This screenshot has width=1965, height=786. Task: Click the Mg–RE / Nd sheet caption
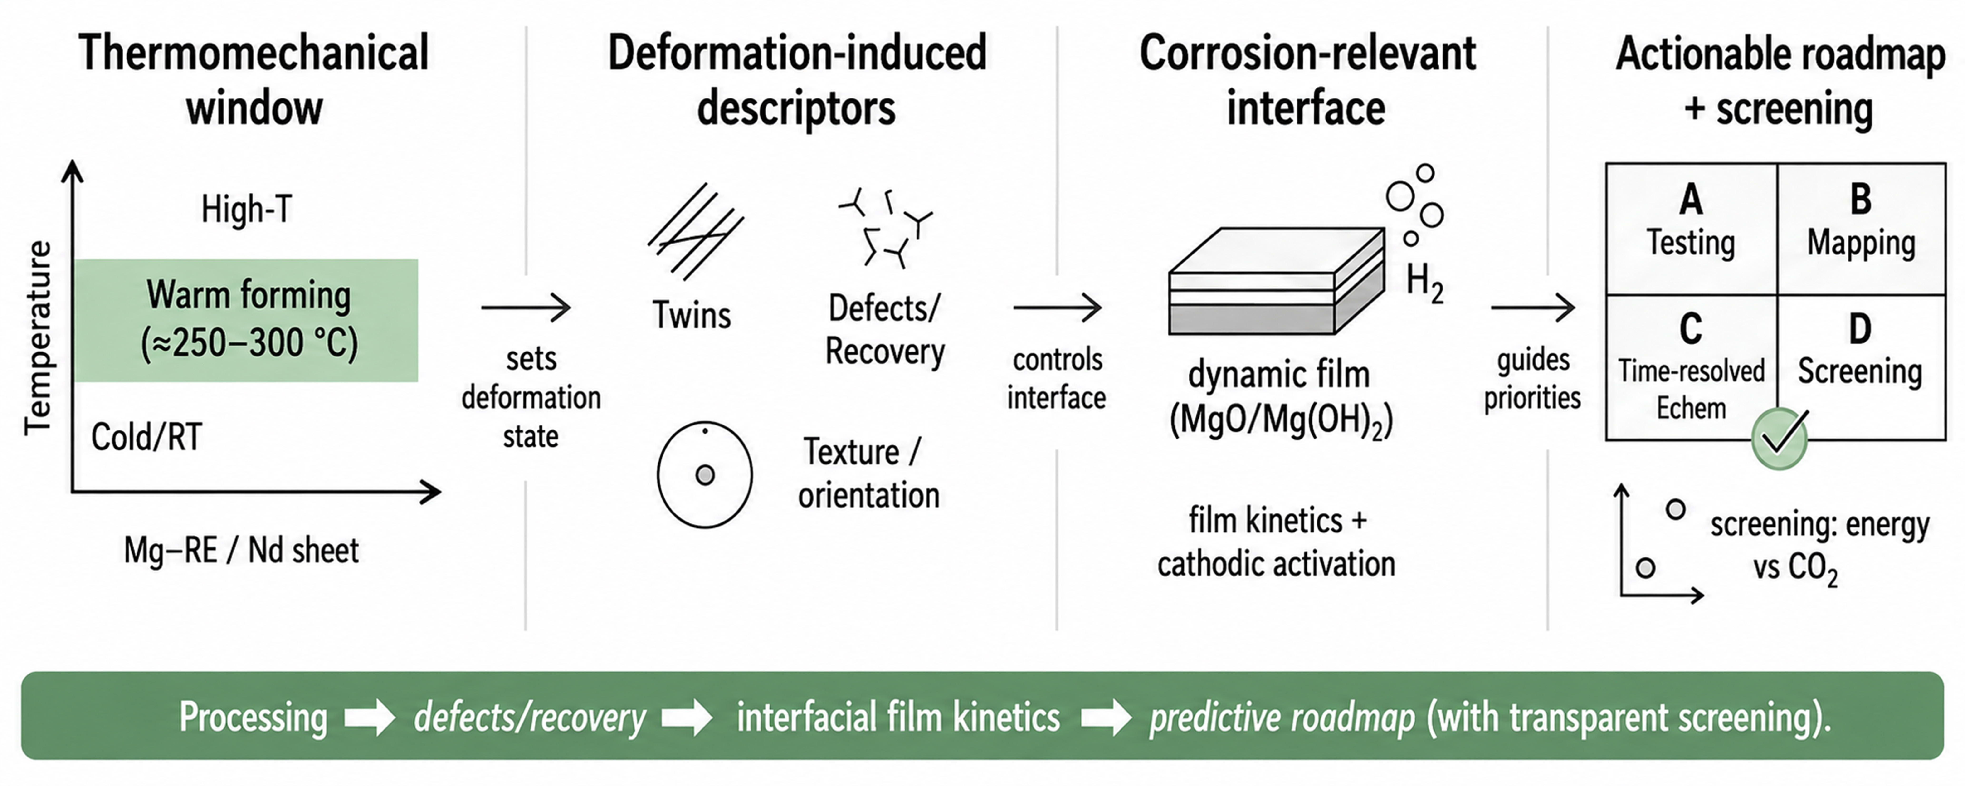pos(241,550)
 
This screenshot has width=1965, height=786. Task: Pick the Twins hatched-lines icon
pos(695,231)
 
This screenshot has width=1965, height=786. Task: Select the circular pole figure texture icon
pos(705,475)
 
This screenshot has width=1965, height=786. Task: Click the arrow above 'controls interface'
pos(1057,308)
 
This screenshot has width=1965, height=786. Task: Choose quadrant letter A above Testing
pos(1690,200)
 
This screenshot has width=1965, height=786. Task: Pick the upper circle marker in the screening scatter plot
pos(1675,509)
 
